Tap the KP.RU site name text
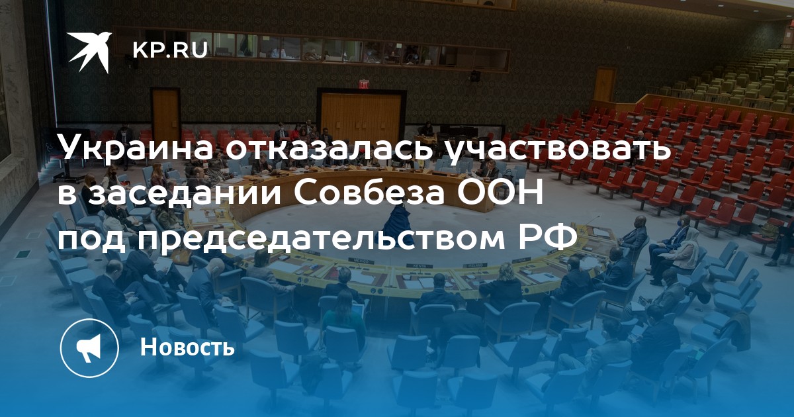pyautogui.click(x=170, y=50)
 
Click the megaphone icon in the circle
pyautogui.click(x=89, y=348)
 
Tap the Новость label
pyautogui.click(x=187, y=346)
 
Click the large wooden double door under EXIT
pyautogui.click(x=361, y=116)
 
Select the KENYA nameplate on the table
pyautogui.click(x=421, y=265)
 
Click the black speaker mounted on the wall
pyautogui.click(x=475, y=75)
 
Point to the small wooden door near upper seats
pyautogui.click(x=605, y=85)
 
